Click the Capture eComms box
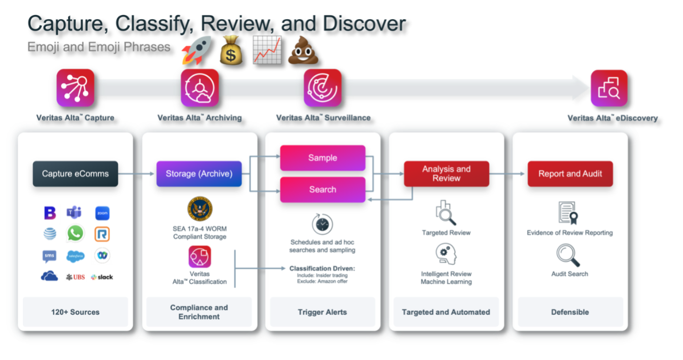[75, 174]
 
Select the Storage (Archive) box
[199, 174]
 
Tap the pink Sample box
[322, 158]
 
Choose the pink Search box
[322, 189]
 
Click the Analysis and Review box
[446, 174]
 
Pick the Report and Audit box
[570, 174]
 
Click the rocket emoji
[196, 50]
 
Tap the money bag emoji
[231, 50]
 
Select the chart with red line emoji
[267, 50]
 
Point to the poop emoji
[303, 50]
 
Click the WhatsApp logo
[76, 234]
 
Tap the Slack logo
[102, 277]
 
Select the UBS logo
[75, 277]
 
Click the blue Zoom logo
[102, 213]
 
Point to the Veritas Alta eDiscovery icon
[609, 88]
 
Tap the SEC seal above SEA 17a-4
[200, 209]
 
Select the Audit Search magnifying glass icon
[568, 255]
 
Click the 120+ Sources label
[75, 312]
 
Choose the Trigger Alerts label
[322, 312]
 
